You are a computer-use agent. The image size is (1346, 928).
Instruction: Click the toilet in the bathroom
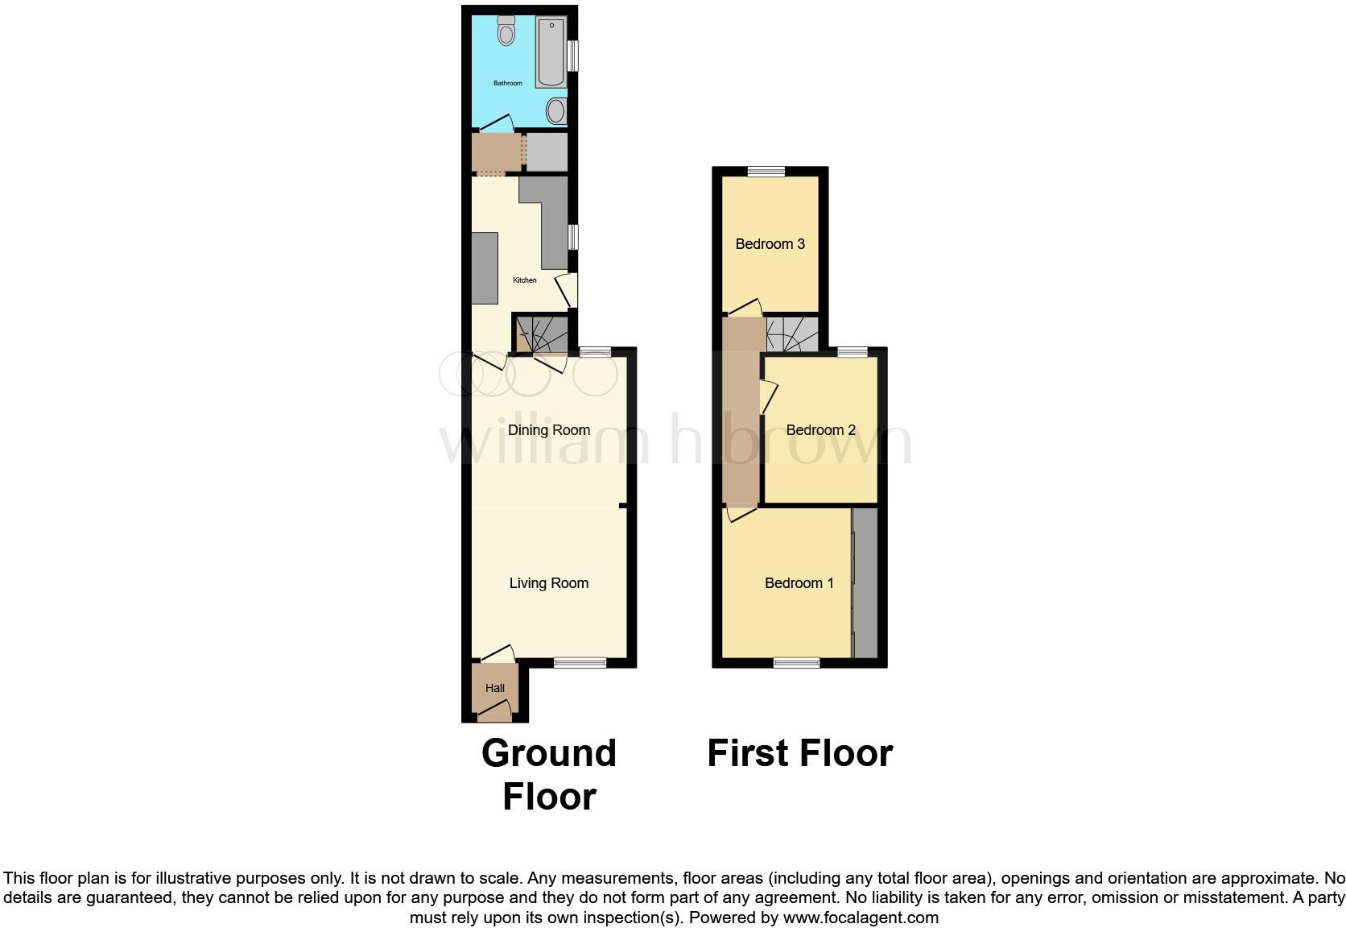coord(506,31)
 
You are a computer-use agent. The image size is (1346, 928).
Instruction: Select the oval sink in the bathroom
coord(555,110)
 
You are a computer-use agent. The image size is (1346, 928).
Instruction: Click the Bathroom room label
coord(507,83)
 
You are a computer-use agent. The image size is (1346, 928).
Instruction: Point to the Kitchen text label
coord(525,280)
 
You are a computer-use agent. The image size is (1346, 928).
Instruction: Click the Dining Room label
coord(548,430)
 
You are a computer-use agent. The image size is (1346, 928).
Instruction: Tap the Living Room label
coord(548,583)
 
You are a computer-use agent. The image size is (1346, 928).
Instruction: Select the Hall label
coord(495,688)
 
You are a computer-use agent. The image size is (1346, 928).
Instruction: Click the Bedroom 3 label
coord(770,244)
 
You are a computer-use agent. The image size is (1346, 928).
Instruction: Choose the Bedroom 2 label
coord(820,430)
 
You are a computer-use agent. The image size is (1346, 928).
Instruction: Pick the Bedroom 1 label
coord(799,583)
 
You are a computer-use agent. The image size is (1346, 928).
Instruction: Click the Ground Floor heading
coord(549,774)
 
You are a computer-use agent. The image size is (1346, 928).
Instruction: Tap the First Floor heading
coord(799,753)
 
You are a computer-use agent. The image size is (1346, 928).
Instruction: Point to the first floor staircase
coord(791,334)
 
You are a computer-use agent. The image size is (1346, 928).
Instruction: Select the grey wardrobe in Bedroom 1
coord(865,582)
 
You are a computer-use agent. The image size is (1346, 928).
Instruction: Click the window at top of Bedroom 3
coord(766,171)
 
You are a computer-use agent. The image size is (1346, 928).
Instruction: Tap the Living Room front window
coord(580,663)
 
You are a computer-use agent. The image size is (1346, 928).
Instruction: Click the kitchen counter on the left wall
coord(484,267)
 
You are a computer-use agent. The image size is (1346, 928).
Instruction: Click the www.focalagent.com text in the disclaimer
coord(861,918)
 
